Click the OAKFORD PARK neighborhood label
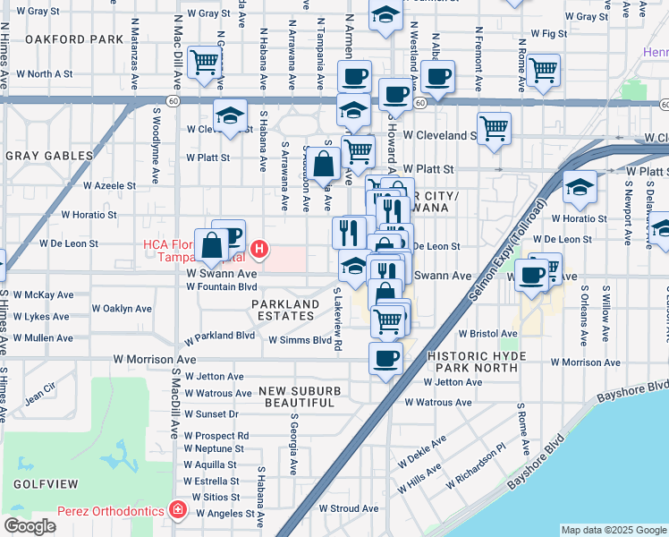point(74,39)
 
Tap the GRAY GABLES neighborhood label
point(49,156)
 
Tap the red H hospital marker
point(259,248)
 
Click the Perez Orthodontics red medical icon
point(178,510)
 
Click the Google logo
point(30,526)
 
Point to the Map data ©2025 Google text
point(613,530)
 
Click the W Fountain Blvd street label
point(221,286)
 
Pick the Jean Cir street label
point(40,391)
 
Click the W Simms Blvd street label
point(300,340)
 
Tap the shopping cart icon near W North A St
point(205,63)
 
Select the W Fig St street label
point(549,33)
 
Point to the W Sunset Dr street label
point(211,414)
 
